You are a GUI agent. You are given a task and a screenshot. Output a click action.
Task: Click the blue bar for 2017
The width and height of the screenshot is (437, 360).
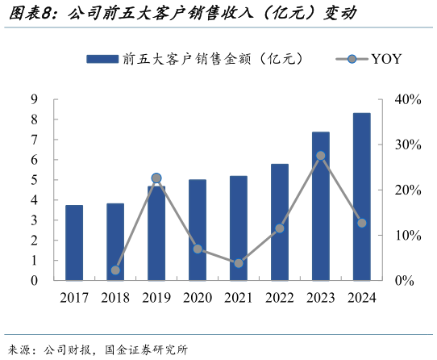click(74, 243)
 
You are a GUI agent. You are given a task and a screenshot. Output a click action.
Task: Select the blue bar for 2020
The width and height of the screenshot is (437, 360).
click(198, 230)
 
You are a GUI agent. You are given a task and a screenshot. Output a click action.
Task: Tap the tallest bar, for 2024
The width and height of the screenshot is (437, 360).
click(362, 197)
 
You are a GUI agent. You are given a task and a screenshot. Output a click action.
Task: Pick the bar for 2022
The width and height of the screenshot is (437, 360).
click(280, 222)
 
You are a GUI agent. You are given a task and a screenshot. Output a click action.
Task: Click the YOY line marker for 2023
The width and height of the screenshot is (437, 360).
click(321, 155)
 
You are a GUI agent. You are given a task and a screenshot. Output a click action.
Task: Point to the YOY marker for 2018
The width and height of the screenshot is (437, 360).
click(115, 270)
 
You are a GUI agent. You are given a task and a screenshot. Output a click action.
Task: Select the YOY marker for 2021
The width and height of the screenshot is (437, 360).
click(239, 263)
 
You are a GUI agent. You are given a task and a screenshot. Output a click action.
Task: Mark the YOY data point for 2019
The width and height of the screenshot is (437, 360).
click(156, 178)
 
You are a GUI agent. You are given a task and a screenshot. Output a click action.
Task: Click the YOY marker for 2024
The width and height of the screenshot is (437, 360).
click(362, 223)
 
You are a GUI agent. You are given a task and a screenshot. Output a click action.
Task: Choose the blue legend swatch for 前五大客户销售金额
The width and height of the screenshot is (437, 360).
click(102, 59)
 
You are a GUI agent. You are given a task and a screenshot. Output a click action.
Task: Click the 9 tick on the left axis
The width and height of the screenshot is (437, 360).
click(35, 99)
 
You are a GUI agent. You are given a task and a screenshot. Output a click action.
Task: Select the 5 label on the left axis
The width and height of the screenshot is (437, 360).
click(35, 180)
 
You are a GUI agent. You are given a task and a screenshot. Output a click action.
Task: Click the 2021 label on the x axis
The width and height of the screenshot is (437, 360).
click(239, 298)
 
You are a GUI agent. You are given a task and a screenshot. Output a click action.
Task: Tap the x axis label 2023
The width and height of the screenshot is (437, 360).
click(321, 298)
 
